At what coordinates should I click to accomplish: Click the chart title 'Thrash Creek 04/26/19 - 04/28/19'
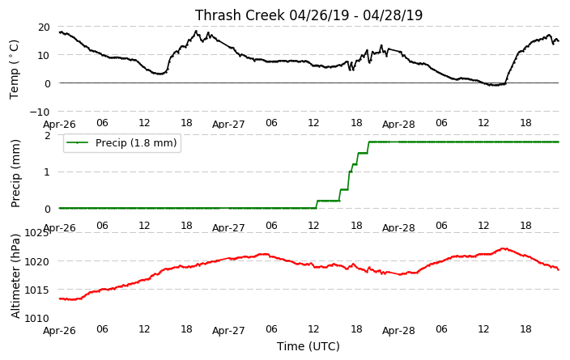point(308,15)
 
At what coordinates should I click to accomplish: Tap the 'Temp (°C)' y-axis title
point(14,70)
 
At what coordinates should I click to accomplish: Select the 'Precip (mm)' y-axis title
point(15,174)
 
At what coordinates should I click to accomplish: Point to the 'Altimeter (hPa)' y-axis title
point(15,276)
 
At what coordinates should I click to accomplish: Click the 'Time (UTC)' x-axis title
point(308,346)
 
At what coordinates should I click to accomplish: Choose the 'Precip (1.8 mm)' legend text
point(136,142)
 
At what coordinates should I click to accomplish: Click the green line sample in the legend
point(77,142)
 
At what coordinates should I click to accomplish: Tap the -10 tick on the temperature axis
point(40,112)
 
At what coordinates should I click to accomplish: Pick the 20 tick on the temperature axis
point(44,28)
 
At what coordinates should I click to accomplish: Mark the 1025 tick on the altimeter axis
point(36,232)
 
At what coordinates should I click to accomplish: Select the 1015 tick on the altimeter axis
point(36,290)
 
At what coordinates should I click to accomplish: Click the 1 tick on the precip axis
point(47,172)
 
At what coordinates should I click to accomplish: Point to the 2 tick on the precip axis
point(47,135)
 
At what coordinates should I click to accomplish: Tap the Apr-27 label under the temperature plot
point(228,125)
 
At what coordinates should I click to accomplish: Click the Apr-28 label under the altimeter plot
point(398,331)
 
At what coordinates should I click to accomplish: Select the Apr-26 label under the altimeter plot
point(59,331)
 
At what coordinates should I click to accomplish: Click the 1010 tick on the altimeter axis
point(36,319)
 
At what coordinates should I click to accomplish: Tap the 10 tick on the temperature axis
point(44,55)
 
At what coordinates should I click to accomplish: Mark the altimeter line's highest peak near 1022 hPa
point(504,248)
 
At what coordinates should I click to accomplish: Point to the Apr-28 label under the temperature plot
point(398,125)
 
